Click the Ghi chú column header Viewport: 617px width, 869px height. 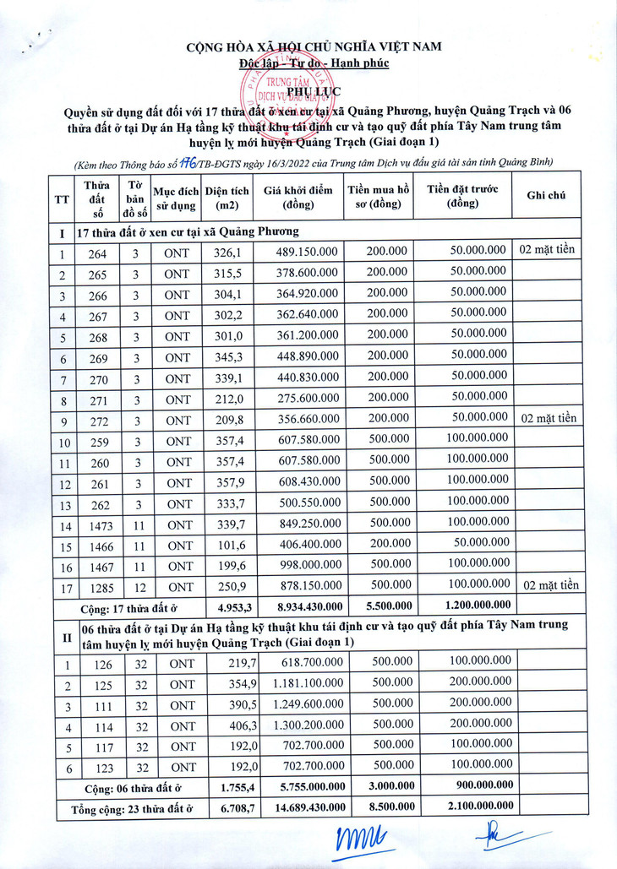pyautogui.click(x=546, y=195)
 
